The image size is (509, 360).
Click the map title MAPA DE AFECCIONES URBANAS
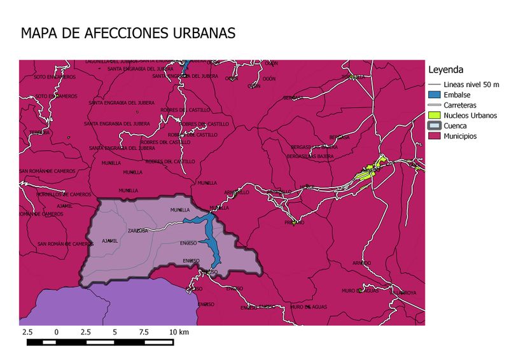tap(128, 33)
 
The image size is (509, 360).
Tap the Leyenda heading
tap(445, 69)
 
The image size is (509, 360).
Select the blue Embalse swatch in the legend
tap(435, 95)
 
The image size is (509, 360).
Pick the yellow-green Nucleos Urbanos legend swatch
tap(435, 115)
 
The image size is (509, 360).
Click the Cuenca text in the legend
tap(455, 126)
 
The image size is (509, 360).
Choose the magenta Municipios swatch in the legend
tap(435, 136)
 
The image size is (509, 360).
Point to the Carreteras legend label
tap(460, 105)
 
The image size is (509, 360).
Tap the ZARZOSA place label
tap(138, 231)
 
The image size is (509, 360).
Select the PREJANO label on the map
tap(294, 223)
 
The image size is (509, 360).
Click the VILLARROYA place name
tap(403, 293)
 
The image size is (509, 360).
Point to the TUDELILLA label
tap(354, 77)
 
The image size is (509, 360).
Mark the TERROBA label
tap(39, 132)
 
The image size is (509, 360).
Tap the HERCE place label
tap(307, 186)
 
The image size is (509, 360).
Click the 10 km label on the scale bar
tap(179, 332)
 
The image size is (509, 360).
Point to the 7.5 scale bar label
tap(144, 332)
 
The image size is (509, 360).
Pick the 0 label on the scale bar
tap(57, 332)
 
